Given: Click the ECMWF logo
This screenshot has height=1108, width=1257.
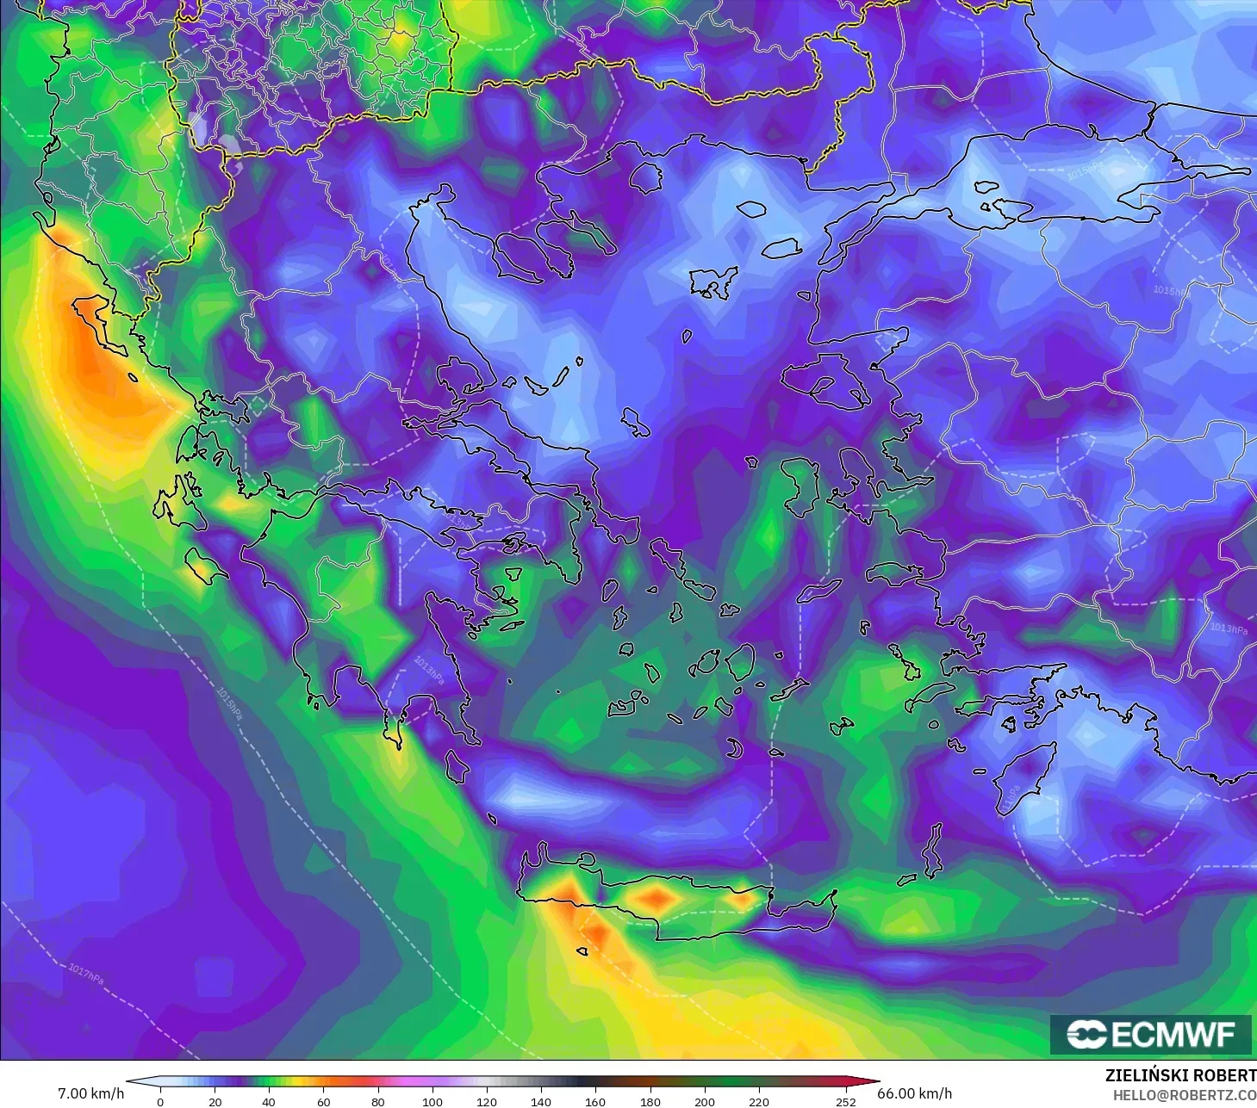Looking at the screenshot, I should tap(1151, 1034).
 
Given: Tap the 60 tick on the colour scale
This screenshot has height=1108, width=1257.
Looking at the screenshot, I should tap(323, 1101).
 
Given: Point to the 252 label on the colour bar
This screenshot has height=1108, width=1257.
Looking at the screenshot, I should tap(846, 1101).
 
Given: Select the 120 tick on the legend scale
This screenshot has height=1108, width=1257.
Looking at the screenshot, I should tap(487, 1101).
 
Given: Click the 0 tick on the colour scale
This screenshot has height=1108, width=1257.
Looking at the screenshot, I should tap(160, 1101).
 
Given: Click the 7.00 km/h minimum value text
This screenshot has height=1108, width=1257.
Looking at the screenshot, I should tap(90, 1093).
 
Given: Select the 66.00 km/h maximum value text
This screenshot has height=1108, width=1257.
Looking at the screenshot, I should tap(914, 1093).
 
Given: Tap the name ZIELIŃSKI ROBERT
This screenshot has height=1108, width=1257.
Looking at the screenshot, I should tap(1180, 1075).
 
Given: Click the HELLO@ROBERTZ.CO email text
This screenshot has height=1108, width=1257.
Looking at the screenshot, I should tap(1185, 1095).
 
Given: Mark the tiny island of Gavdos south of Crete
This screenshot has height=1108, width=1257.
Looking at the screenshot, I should tap(582, 951).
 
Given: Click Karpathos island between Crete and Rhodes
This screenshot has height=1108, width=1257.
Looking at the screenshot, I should tap(932, 850).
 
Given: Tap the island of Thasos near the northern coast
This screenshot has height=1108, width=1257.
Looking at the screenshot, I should tap(644, 177).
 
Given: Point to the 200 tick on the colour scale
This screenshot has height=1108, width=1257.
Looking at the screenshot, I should tap(705, 1101).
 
